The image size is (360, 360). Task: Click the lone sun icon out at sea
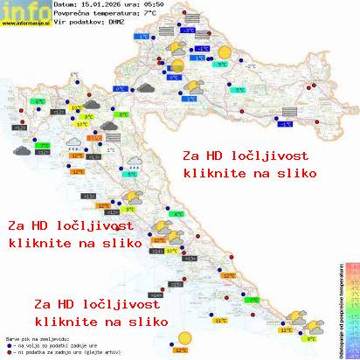tap(183, 337)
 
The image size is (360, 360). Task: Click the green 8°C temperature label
tap(123, 114)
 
